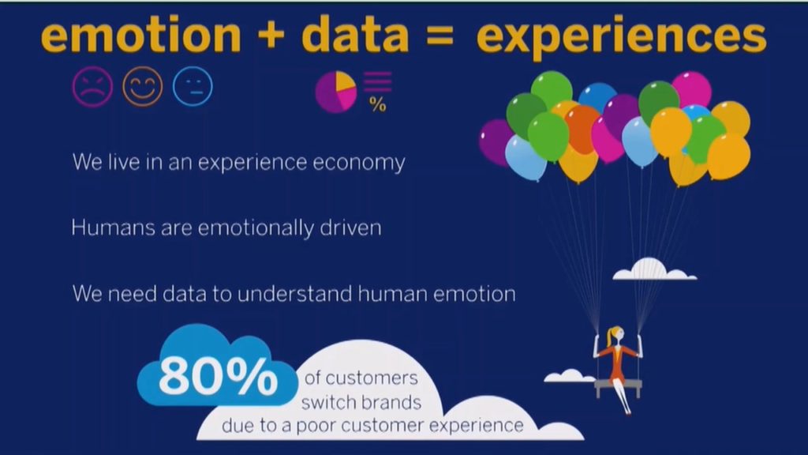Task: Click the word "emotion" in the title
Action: click(x=140, y=35)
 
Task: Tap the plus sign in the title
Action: click(x=270, y=35)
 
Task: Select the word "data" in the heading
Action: click(x=355, y=33)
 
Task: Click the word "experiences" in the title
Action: click(x=621, y=37)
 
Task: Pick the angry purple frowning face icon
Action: click(x=92, y=87)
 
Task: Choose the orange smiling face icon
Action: click(x=143, y=87)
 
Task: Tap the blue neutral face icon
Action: click(x=193, y=87)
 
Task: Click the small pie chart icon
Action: click(x=336, y=92)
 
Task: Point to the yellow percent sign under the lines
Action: click(x=378, y=105)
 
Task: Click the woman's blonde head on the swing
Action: click(x=615, y=334)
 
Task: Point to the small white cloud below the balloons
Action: click(x=654, y=269)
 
